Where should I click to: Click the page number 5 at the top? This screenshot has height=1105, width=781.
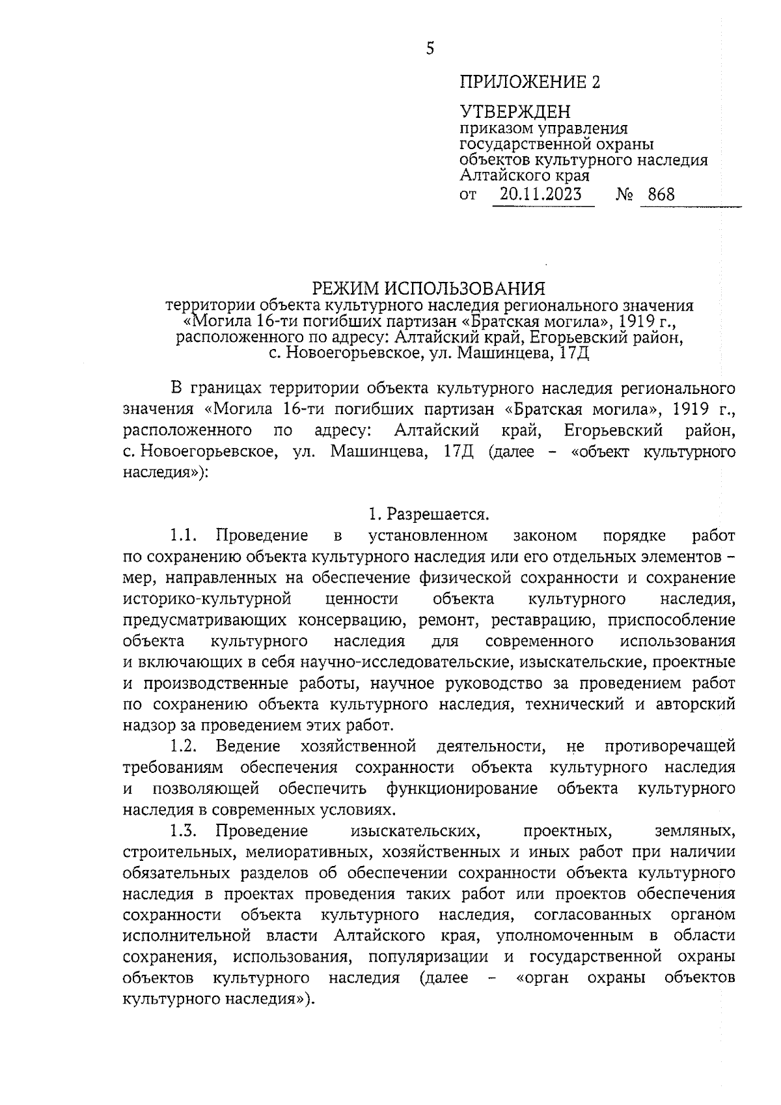(x=430, y=48)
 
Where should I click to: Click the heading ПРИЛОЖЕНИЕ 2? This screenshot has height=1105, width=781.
(x=530, y=82)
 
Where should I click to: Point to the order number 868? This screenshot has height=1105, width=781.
(x=661, y=194)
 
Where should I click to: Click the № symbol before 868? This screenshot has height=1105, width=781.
(x=624, y=194)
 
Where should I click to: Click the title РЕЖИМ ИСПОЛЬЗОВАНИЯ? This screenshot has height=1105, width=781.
(x=428, y=288)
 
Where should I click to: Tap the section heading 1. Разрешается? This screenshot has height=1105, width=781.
(x=429, y=514)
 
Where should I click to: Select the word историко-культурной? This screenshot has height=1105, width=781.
(x=206, y=599)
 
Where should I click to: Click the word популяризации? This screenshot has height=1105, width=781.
(x=428, y=957)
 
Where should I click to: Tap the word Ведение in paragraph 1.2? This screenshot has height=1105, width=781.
(x=248, y=746)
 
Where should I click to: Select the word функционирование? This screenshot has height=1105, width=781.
(x=462, y=789)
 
